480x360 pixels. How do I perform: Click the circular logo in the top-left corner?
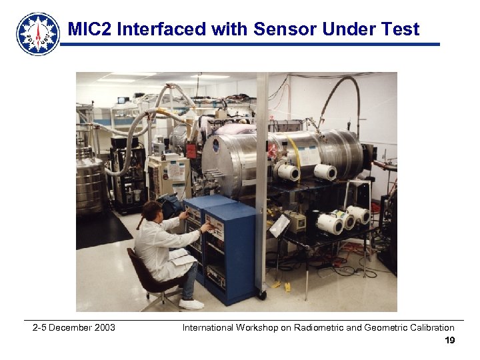coord(38,33)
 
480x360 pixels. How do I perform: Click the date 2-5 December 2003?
coord(73,327)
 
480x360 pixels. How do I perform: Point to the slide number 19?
coord(449,341)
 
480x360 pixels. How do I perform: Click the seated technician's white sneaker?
coord(191,304)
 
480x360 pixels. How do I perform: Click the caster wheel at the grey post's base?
coord(262,294)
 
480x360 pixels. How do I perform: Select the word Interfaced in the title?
coord(160,29)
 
